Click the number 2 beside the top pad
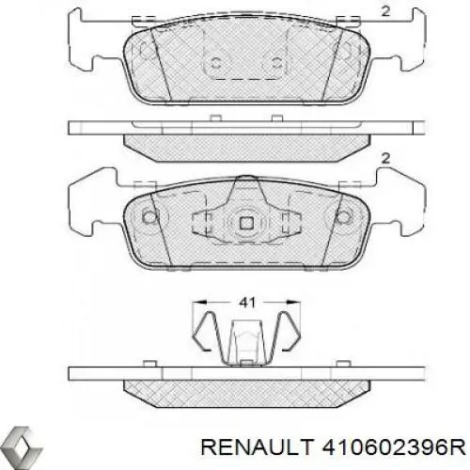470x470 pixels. pos(384,12)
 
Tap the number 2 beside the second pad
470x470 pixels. pos(384,158)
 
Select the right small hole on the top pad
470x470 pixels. pos(276,63)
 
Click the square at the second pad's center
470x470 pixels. pos(245,223)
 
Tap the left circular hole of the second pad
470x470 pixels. pos(149,217)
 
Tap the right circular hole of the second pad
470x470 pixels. pos(342,217)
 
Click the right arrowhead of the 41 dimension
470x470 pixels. pos(295,304)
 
